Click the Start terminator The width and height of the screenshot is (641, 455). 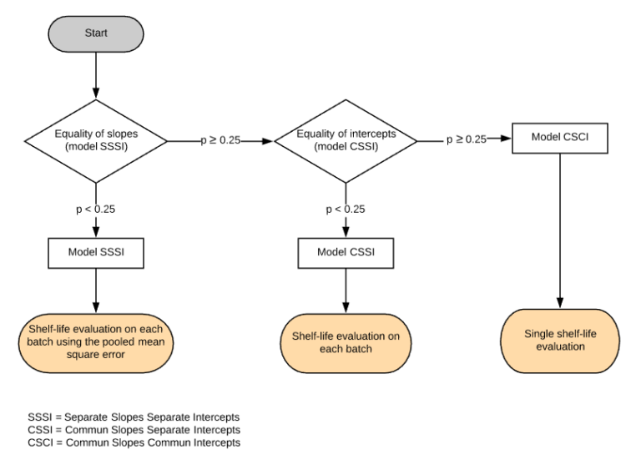click(x=96, y=33)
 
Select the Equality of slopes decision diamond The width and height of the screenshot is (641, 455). click(x=96, y=139)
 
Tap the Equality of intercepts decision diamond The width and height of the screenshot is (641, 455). click(x=346, y=139)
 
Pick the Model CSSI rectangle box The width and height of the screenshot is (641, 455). click(x=346, y=251)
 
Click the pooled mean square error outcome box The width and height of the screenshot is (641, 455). click(x=96, y=341)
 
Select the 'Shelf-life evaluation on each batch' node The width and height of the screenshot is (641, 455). click(x=346, y=341)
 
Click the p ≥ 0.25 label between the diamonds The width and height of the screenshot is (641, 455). click(x=220, y=140)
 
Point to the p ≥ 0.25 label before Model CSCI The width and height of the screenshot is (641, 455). click(x=466, y=139)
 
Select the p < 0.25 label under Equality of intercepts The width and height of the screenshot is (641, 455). click(x=346, y=209)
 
